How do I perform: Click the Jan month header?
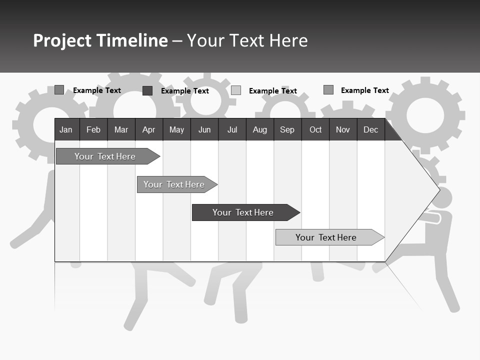click(66, 130)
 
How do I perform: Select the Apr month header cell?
click(148, 130)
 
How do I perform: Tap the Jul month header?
click(232, 130)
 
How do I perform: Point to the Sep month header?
click(287, 130)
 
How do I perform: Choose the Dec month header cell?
click(370, 130)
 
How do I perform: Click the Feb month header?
click(93, 130)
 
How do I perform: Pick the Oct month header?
click(315, 130)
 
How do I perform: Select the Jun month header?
click(204, 130)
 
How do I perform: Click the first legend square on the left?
click(59, 90)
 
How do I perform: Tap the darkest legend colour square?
click(147, 90)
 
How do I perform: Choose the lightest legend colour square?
click(236, 90)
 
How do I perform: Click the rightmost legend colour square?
click(328, 90)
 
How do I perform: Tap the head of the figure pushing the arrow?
click(442, 198)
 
